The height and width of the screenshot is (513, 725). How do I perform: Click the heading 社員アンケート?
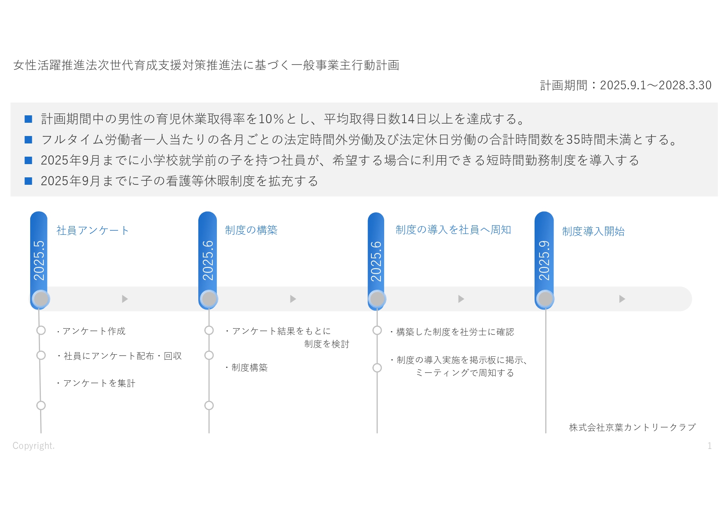(x=93, y=230)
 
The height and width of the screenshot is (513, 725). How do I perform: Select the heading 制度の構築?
(x=251, y=230)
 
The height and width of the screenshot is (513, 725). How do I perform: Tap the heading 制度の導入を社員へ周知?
(x=453, y=230)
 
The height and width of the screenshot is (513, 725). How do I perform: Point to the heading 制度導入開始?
(x=593, y=231)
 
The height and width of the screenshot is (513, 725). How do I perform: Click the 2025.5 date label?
(x=39, y=260)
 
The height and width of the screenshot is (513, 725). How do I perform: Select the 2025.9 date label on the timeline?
(x=544, y=260)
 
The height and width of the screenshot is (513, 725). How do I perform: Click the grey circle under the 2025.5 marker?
(x=40, y=299)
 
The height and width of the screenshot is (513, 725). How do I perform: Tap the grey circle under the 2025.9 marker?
(x=545, y=299)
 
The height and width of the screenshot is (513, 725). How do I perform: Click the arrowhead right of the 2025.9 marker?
(x=622, y=299)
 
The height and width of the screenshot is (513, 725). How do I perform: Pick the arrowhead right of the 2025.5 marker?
(x=125, y=299)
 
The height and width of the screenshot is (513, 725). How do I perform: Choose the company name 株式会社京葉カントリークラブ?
(x=632, y=427)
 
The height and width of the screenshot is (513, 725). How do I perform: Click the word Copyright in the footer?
(x=33, y=446)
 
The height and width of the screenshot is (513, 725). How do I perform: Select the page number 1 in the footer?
(x=709, y=446)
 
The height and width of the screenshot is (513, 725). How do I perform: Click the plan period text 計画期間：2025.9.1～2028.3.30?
(x=626, y=85)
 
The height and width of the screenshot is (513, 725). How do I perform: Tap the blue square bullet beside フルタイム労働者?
(x=29, y=140)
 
